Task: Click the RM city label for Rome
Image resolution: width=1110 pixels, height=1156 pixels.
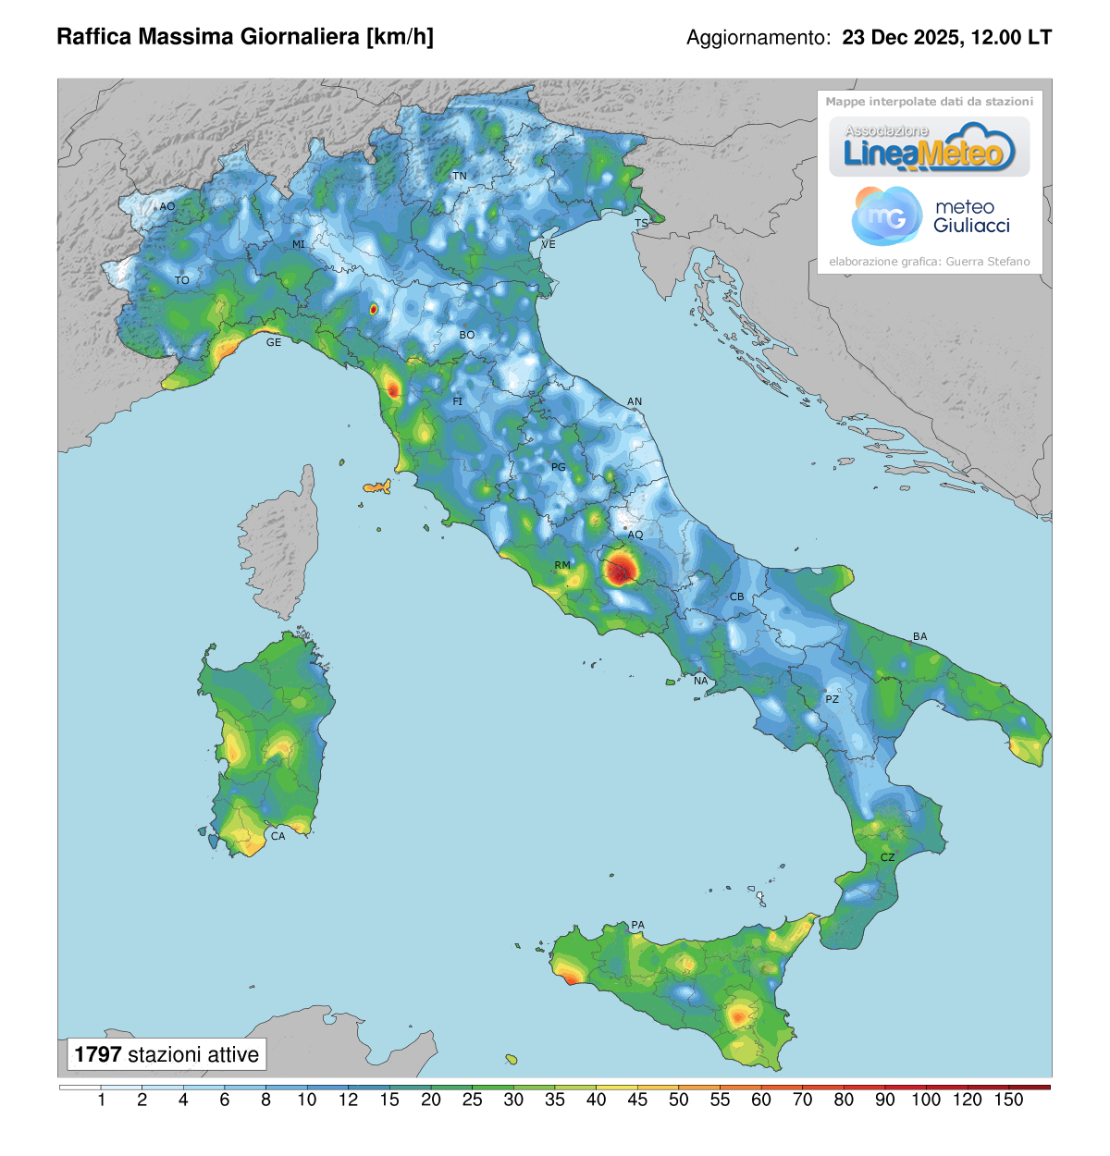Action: click(x=562, y=565)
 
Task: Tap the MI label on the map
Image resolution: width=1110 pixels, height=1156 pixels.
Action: click(x=299, y=245)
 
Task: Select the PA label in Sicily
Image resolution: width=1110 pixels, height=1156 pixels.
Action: click(x=637, y=925)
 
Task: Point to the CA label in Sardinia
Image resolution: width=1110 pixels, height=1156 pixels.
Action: click(x=277, y=836)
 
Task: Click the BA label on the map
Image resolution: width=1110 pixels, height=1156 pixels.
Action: click(x=919, y=636)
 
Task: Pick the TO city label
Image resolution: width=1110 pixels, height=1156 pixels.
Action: click(x=182, y=280)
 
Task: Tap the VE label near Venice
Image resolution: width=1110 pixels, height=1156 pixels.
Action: click(x=549, y=244)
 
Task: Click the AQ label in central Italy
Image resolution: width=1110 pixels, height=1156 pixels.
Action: click(x=635, y=535)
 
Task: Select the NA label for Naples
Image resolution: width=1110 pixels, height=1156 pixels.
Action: click(x=700, y=681)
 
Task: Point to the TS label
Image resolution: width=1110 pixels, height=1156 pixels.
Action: click(x=641, y=224)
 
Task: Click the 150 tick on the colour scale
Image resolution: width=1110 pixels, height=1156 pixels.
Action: click(x=1008, y=1101)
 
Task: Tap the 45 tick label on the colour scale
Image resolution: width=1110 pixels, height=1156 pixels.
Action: click(x=637, y=1101)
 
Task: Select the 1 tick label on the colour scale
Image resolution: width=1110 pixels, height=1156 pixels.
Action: click(x=101, y=1101)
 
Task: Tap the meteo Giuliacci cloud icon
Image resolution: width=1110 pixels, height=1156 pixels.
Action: click(x=885, y=215)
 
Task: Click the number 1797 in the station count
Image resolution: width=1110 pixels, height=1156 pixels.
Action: click(x=98, y=1054)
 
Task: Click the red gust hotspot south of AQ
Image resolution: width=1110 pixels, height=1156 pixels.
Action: click(x=623, y=568)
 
